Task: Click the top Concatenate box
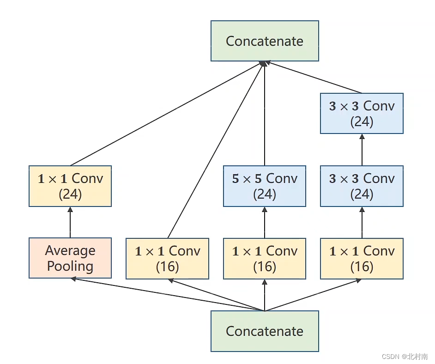coord(265,41)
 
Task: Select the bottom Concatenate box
coord(265,331)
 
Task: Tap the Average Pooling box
coord(70,258)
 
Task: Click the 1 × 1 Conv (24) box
coord(70,186)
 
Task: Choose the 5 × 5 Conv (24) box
coord(265,186)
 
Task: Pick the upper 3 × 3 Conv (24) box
coord(362,114)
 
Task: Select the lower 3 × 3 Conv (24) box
coord(362,186)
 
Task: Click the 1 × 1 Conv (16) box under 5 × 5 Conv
coord(265,259)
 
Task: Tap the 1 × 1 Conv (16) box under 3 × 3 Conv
coord(362,259)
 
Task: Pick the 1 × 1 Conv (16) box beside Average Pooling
coord(167,259)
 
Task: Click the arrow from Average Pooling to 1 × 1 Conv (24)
coord(70,222)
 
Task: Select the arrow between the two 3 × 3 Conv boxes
coord(362,150)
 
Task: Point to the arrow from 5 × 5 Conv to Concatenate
coord(265,114)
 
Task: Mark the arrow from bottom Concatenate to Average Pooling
coord(168,294)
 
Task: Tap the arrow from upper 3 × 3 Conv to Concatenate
coord(314,77)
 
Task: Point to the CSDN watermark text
coord(405,357)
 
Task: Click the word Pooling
coord(70,266)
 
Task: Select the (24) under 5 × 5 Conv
coord(265,194)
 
